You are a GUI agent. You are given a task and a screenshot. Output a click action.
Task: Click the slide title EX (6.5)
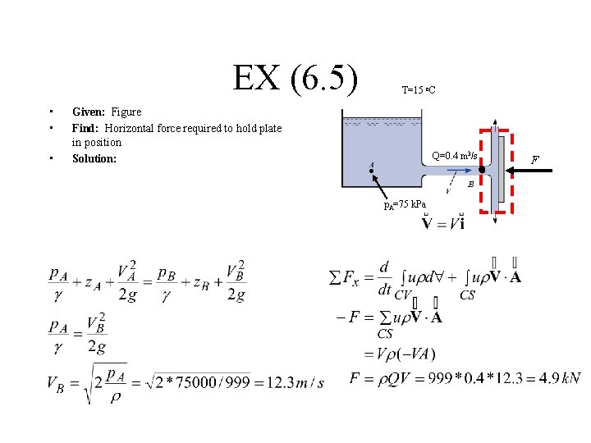tap(295, 79)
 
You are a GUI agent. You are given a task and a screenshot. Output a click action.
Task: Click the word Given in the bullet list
tap(89, 112)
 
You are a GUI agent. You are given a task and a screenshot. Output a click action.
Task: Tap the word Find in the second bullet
tap(85, 128)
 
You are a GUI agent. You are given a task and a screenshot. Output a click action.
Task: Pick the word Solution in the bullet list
tap(94, 158)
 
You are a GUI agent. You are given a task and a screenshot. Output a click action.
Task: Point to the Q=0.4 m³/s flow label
tap(455, 155)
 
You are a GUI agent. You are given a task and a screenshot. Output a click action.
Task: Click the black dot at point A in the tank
tap(372, 171)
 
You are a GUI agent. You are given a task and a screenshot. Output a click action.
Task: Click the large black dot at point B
tap(482, 170)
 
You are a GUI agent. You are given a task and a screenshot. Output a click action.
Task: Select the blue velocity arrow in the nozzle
tap(447, 173)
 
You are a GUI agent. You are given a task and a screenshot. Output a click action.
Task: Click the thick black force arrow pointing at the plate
tap(530, 170)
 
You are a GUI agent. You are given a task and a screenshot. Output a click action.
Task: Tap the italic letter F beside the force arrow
tap(536, 158)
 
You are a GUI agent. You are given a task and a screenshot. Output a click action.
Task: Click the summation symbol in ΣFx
tap(335, 279)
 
